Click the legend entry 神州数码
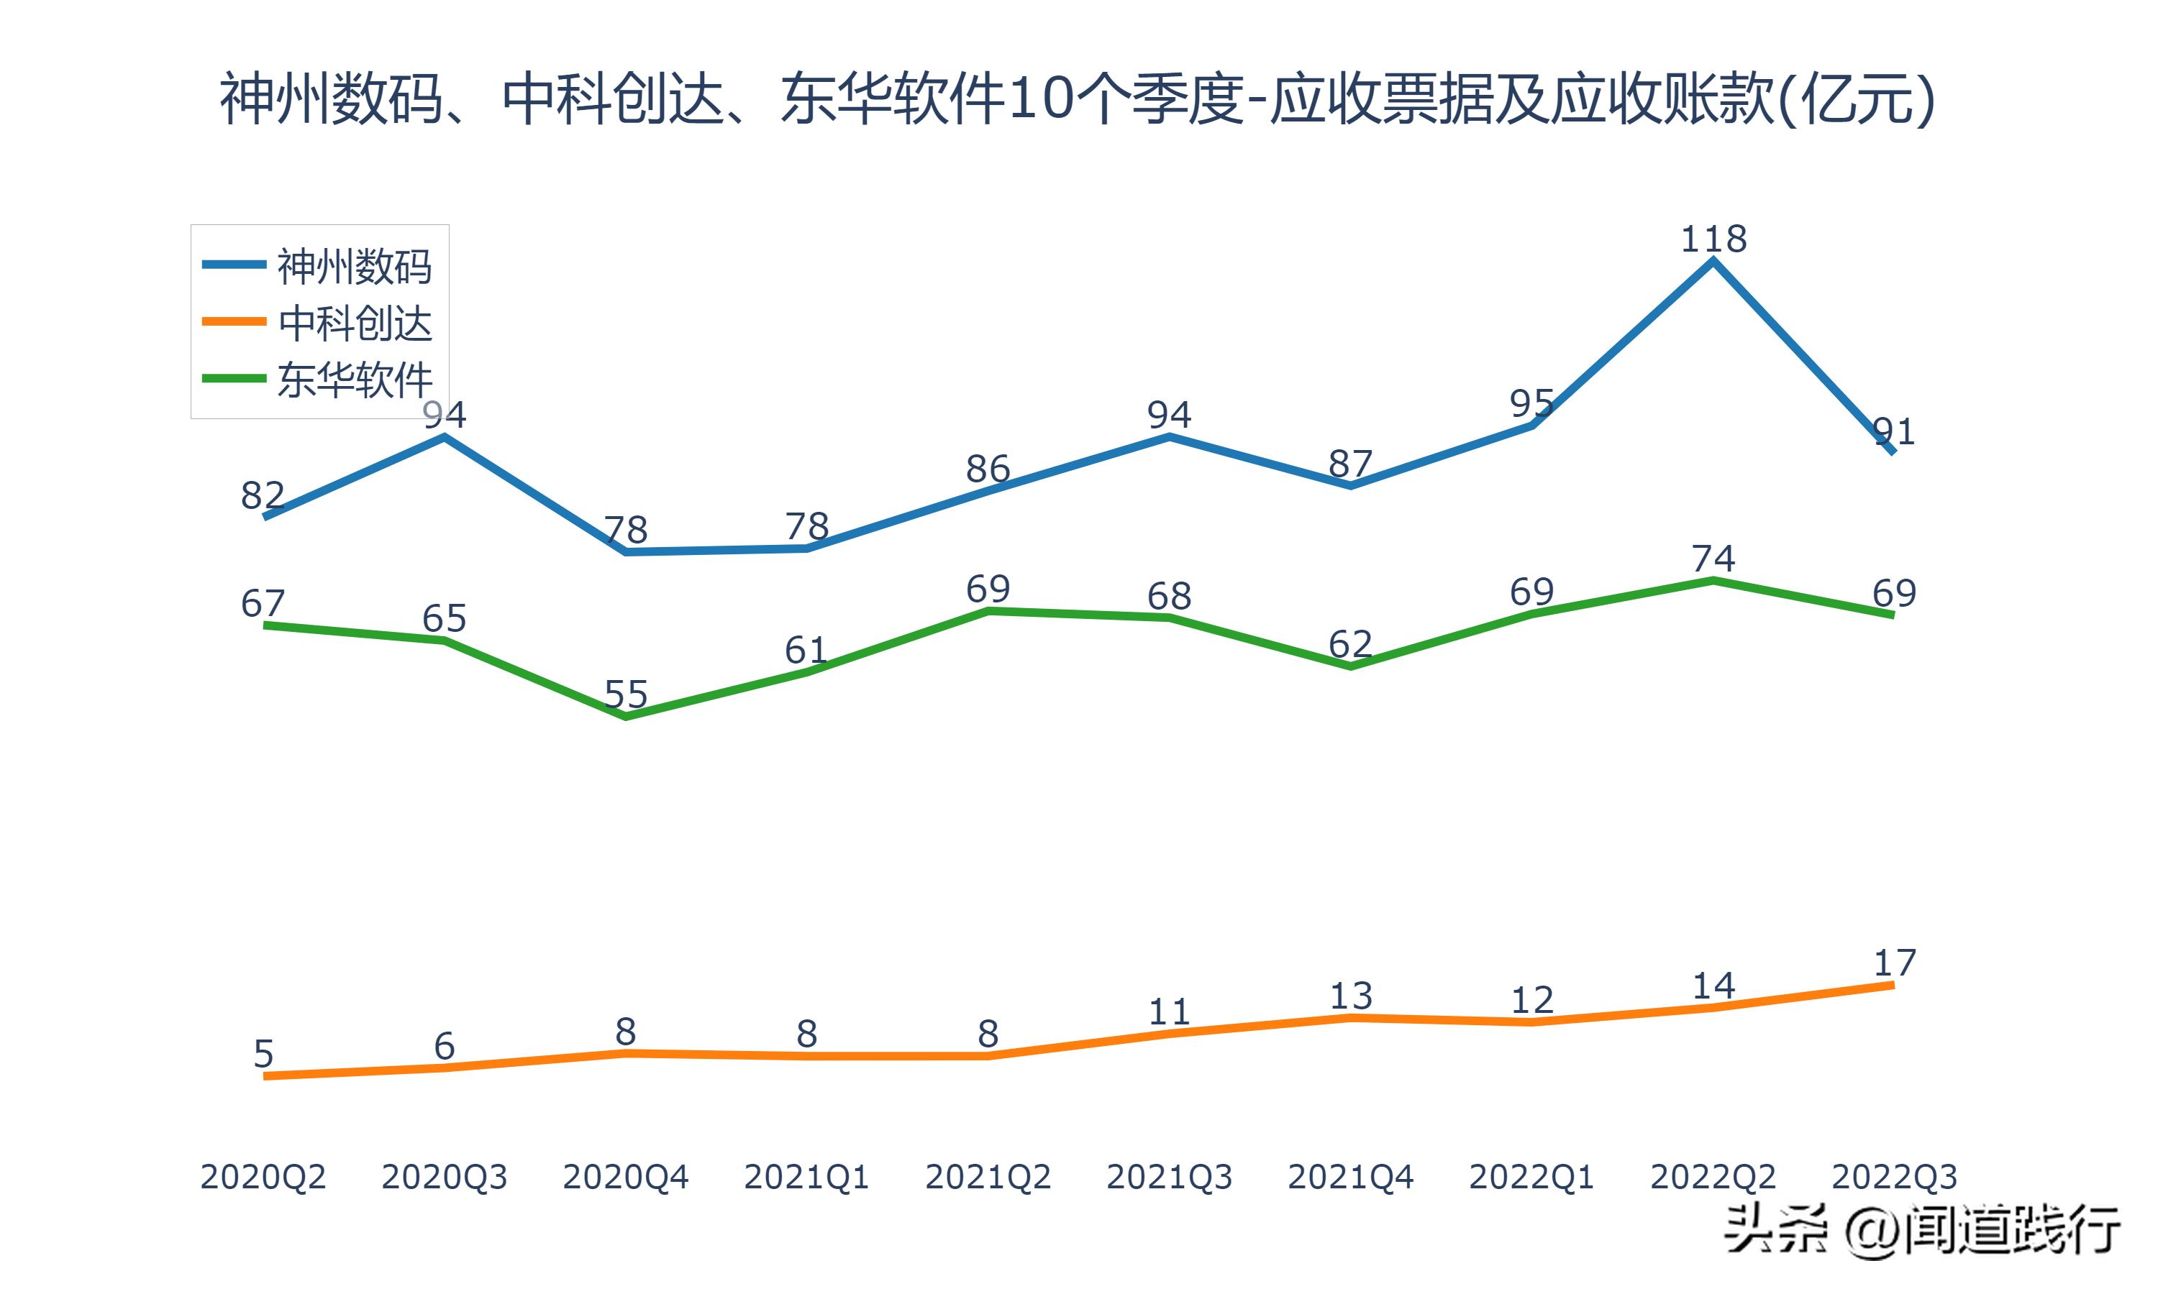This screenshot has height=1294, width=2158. tap(353, 266)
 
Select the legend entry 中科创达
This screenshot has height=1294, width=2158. tap(353, 323)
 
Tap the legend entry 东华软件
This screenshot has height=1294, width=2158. tap(353, 380)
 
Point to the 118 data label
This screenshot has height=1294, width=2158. tap(1713, 239)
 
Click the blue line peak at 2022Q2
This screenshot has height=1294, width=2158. tap(1713, 261)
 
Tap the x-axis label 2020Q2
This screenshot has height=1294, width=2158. tap(263, 1177)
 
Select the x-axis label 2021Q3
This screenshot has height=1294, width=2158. tap(1169, 1177)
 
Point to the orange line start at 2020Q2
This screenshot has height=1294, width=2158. tap(264, 1076)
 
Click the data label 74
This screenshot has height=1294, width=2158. tap(1713, 558)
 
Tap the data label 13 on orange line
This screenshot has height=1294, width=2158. tap(1350, 996)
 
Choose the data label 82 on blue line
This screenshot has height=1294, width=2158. tap(263, 495)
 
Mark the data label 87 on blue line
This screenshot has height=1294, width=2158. tap(1350, 464)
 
